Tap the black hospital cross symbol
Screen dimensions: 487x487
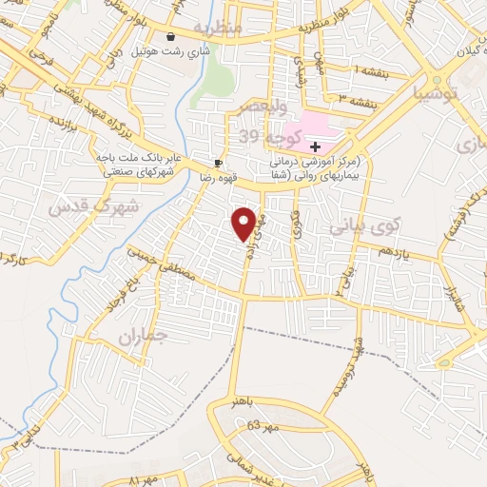315,146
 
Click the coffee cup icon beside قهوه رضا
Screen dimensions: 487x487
220,163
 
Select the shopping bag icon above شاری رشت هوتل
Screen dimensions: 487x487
170,37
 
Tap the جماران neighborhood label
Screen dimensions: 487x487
144,337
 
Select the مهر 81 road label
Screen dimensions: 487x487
146,477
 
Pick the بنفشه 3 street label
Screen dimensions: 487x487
354,97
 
